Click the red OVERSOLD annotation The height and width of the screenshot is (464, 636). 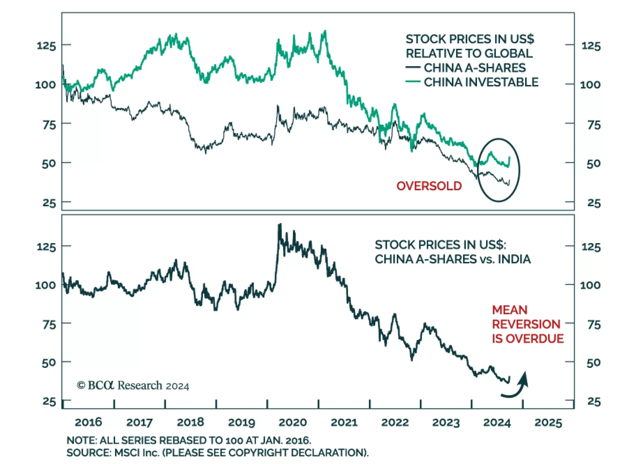coord(429,186)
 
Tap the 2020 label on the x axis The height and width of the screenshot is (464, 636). coord(293,422)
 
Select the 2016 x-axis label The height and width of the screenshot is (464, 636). coord(88,422)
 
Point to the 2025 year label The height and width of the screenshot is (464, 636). coord(548,422)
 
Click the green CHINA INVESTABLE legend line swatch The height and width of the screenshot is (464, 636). coord(413,82)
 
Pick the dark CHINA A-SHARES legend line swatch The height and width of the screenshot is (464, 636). coord(413,68)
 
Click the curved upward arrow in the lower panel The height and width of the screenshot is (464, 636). coord(516,385)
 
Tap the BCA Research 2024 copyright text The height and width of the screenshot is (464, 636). coord(133,385)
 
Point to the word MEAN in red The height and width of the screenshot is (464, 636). coord(510,310)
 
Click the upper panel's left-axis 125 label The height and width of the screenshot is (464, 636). coord(46,45)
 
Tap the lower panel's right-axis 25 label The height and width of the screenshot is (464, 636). coord(594,402)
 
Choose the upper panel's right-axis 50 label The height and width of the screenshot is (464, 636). coord(593,163)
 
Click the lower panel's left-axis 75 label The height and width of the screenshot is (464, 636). coord(49,325)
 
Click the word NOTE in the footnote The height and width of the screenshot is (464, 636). coord(81,440)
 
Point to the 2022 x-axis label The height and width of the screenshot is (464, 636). coord(395,422)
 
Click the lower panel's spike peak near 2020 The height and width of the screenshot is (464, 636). coord(280,225)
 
